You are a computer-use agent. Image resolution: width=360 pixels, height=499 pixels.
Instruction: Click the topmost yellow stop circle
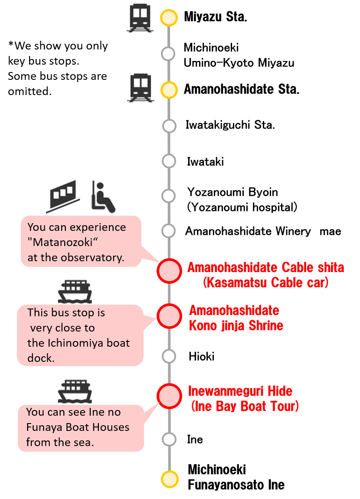click(x=169, y=18)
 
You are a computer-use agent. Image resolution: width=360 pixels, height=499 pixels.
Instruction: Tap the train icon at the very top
click(x=140, y=18)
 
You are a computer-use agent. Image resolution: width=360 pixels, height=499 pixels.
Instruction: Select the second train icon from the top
click(x=141, y=87)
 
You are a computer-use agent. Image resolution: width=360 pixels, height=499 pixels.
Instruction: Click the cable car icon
click(x=63, y=197)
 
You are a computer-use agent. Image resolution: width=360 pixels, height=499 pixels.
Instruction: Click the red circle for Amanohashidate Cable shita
click(x=169, y=271)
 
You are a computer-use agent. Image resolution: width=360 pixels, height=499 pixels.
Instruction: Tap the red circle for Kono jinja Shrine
click(x=169, y=316)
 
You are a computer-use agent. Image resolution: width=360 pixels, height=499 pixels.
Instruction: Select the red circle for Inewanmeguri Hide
click(x=169, y=396)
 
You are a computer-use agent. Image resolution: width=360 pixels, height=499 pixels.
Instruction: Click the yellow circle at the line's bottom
click(x=169, y=479)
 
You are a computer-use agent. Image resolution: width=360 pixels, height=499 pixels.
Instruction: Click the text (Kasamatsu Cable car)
click(x=266, y=283)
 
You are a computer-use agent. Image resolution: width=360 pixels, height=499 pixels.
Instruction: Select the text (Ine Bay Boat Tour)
click(x=245, y=407)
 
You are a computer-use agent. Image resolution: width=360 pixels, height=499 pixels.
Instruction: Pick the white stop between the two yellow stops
click(x=168, y=54)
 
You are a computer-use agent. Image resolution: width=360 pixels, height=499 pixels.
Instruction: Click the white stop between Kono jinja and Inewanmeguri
click(x=169, y=356)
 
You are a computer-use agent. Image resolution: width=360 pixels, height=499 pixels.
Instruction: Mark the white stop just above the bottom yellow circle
click(x=169, y=440)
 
